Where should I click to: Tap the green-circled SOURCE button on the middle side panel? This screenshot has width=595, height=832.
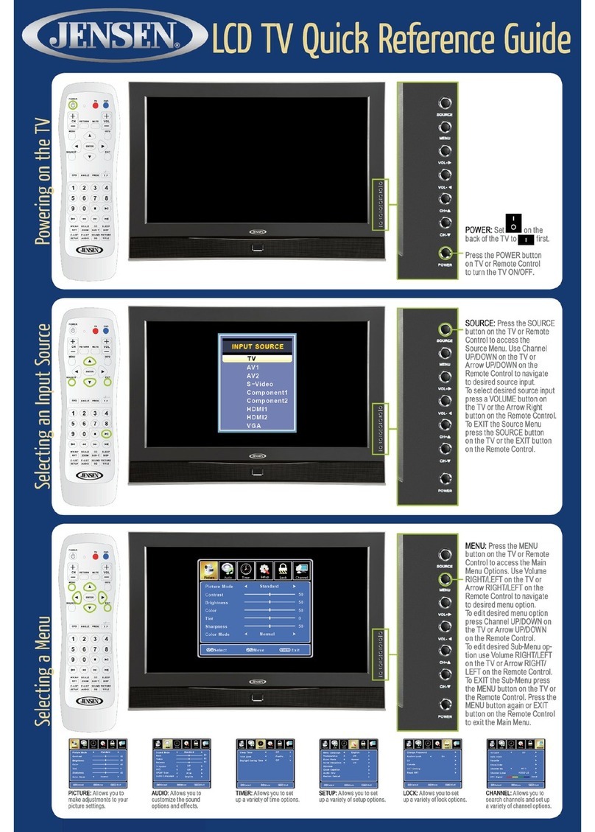click(x=445, y=330)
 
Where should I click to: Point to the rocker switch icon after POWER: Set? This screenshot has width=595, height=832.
click(x=513, y=223)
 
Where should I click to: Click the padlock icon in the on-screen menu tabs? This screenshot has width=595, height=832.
click(x=281, y=572)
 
